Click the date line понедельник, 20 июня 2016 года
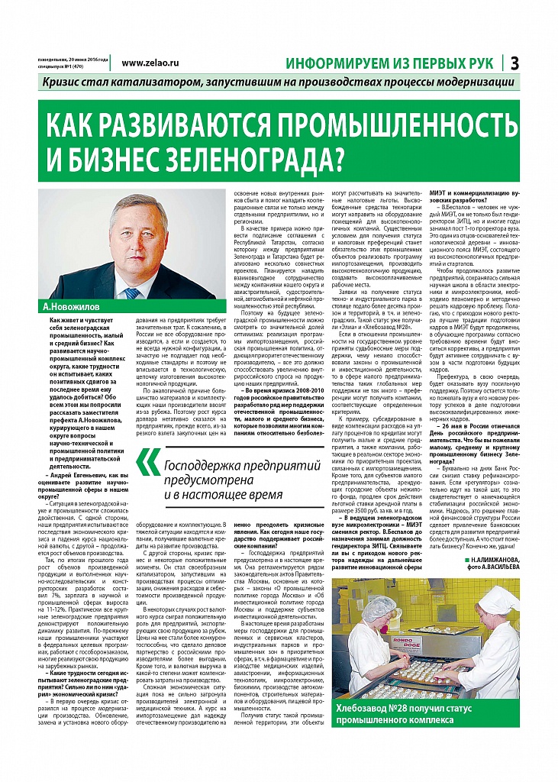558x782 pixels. tap(73, 60)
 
